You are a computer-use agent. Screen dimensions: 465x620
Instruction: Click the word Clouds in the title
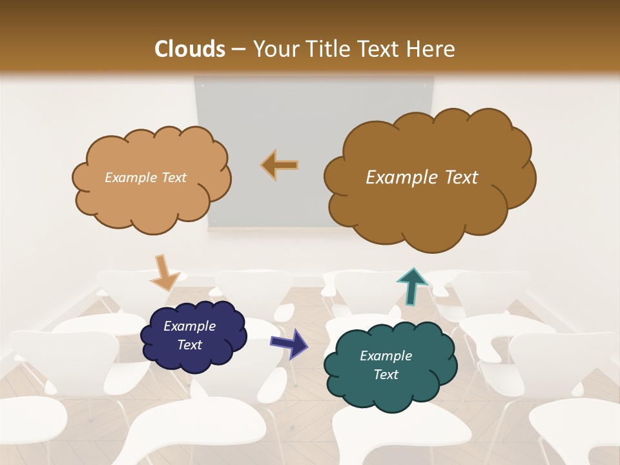(x=190, y=49)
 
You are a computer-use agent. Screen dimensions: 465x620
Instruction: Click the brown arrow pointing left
(x=280, y=165)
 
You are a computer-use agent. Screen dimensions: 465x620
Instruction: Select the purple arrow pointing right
(x=289, y=343)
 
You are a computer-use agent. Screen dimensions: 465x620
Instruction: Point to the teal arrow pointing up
(x=412, y=285)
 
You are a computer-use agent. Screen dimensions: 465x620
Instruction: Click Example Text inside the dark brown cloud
(x=422, y=178)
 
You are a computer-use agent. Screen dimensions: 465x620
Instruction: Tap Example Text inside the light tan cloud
(x=145, y=178)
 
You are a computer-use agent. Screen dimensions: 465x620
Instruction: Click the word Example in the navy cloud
(x=189, y=327)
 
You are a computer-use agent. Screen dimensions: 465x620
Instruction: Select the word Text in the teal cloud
(x=386, y=375)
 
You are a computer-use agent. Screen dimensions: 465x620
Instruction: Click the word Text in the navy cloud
(x=189, y=346)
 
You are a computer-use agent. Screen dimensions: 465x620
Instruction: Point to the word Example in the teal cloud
(x=386, y=356)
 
